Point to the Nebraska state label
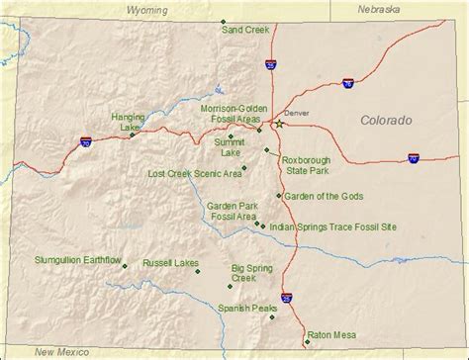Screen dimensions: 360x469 pos(380,9)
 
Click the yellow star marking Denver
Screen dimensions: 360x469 pos(279,125)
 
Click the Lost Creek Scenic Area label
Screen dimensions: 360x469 pos(195,173)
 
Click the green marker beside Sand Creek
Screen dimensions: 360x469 pos(223,22)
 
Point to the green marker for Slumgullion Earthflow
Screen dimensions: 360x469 pos(125,264)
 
